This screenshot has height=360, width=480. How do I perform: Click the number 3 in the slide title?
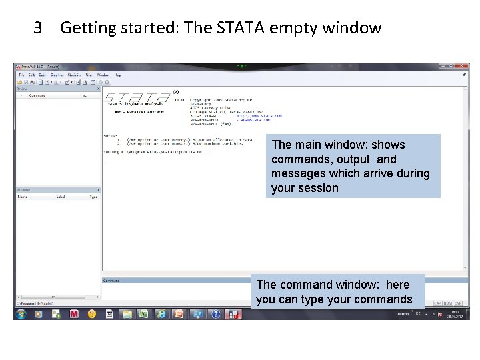tap(38, 28)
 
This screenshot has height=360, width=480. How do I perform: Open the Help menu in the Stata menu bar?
tap(118, 75)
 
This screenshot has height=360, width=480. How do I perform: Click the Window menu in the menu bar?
tap(103, 75)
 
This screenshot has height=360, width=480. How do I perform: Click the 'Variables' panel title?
tap(24, 190)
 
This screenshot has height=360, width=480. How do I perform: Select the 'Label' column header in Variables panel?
tap(61, 197)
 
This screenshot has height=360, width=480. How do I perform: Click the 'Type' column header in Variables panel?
tap(93, 197)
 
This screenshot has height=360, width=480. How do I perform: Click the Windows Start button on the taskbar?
tap(21, 313)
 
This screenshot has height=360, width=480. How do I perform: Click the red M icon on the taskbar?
tap(74, 313)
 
